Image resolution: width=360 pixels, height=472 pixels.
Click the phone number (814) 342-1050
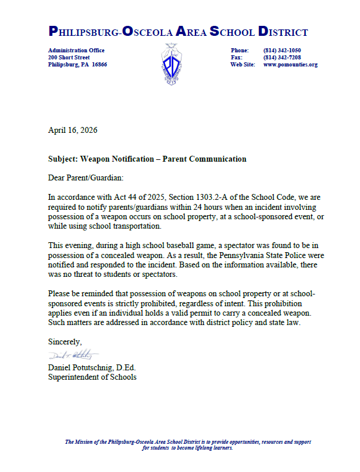point(282,51)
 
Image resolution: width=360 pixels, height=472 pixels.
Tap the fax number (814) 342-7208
point(282,58)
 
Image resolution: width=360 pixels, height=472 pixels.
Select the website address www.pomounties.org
point(290,65)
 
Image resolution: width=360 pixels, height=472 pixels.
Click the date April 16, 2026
point(73,130)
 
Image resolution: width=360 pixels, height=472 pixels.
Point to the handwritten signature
point(74,355)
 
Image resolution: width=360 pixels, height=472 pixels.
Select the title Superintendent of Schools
point(92,377)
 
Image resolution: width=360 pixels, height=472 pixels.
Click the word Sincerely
point(65,342)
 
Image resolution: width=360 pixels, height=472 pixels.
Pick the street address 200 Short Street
point(69,58)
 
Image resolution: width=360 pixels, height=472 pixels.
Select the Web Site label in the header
point(243,65)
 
